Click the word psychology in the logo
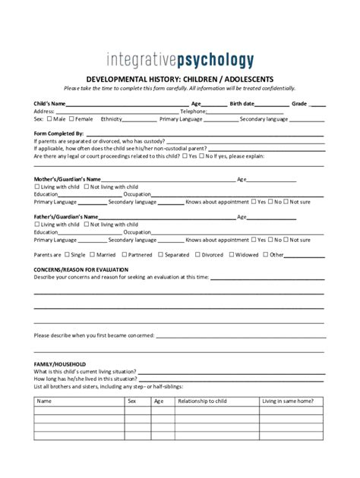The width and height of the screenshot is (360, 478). tap(212, 60)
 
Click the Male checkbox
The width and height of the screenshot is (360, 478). tap(49, 119)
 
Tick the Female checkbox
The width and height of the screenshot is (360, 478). tap(71, 119)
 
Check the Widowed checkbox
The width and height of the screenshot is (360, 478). tap(230, 255)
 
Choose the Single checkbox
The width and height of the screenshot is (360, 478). tap(67, 255)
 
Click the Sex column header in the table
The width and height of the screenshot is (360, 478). tap(131, 400)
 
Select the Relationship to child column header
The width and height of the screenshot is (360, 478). tap(201, 400)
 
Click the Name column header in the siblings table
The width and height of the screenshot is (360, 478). tap(44, 400)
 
